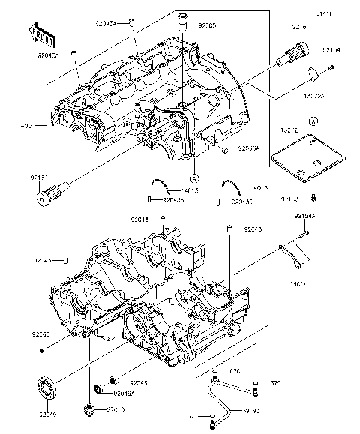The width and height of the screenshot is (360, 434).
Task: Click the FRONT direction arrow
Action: [42, 32]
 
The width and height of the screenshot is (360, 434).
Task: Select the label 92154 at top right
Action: [331, 49]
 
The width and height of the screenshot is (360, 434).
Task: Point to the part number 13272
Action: [289, 130]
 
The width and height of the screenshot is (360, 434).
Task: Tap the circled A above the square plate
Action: [313, 120]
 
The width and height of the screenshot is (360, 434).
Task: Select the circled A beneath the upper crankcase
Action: [194, 178]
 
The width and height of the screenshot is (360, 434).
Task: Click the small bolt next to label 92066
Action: [42, 349]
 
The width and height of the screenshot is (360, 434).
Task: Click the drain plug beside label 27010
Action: [91, 409]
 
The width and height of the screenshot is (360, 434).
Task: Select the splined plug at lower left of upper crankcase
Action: [51, 196]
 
